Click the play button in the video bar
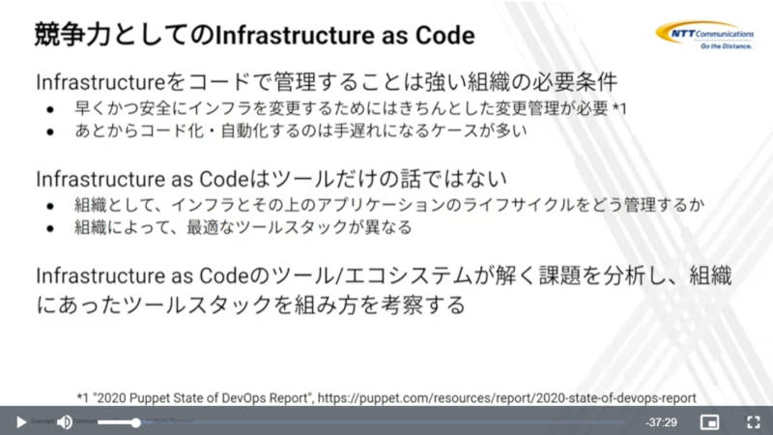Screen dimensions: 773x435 tap(20, 422)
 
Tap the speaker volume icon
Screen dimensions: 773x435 tap(65, 422)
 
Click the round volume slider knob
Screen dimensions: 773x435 tap(135, 422)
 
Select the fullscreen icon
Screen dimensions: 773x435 tap(753, 422)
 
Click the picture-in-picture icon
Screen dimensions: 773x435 tap(709, 422)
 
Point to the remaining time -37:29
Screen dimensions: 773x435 tap(661, 422)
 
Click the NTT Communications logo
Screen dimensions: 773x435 tap(704, 35)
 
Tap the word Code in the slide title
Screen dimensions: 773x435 tap(444, 35)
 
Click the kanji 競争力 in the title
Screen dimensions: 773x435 tap(72, 35)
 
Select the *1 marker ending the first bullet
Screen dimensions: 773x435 tap(619, 108)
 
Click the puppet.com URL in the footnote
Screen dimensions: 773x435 tap(506, 397)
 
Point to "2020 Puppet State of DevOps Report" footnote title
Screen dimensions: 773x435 tap(202, 397)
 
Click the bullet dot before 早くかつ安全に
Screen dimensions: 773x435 tap(50, 109)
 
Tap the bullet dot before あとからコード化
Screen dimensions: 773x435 tap(50, 131)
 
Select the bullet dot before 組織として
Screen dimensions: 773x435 tap(50, 206)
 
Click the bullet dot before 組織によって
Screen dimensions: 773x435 tap(50, 228)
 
